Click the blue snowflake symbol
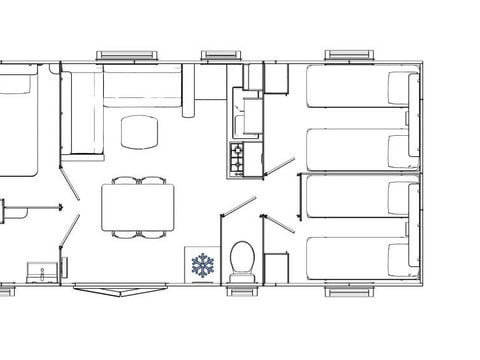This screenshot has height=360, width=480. click(x=204, y=266)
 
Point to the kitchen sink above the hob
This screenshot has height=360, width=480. click(x=243, y=123)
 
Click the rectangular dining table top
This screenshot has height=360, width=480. click(x=138, y=207)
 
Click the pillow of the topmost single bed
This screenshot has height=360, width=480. click(x=400, y=88)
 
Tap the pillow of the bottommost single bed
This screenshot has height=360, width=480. click(x=400, y=254)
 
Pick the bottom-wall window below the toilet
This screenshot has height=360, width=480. click(x=242, y=290)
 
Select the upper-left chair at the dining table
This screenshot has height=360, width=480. click(x=124, y=181)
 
